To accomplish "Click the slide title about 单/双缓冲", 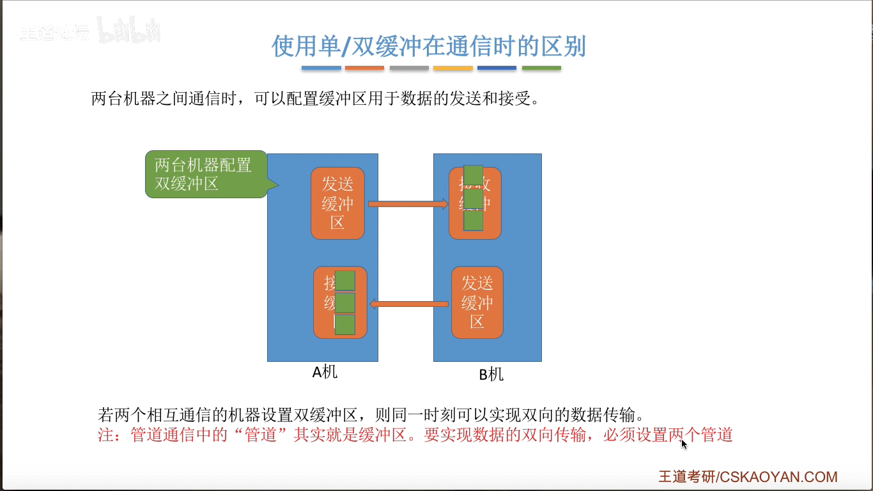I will [429, 47].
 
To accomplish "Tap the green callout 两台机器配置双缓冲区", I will [203, 174].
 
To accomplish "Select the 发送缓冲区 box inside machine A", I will [337, 203].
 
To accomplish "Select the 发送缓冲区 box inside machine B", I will [477, 302].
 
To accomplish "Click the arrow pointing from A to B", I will [408, 204].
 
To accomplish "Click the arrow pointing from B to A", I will [409, 304].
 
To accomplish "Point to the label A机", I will [325, 372].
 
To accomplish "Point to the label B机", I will [491, 375].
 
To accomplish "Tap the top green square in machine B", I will [473, 175].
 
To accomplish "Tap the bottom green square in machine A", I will [344, 325].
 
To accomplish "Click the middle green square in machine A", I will [344, 302].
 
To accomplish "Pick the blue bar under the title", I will [321, 68].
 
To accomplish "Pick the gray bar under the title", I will [409, 68].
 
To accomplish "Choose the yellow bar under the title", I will [452, 68].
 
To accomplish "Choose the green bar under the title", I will [541, 68].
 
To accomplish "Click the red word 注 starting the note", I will [105, 435].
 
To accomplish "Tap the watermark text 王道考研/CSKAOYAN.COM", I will [748, 477].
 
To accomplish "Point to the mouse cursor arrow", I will [684, 443].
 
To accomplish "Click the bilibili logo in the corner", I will [129, 32].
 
